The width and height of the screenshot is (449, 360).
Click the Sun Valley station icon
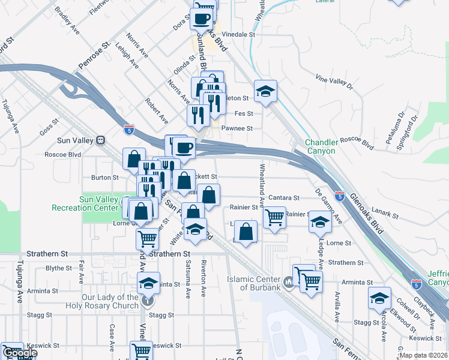101,140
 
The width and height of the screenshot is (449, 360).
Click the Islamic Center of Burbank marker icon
288,281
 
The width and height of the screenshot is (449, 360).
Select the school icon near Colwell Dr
380,298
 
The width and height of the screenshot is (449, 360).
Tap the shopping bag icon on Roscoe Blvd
134,159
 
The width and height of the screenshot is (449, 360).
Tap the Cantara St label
284,197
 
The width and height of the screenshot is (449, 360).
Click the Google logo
19,353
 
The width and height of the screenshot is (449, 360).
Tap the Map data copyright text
422,355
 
